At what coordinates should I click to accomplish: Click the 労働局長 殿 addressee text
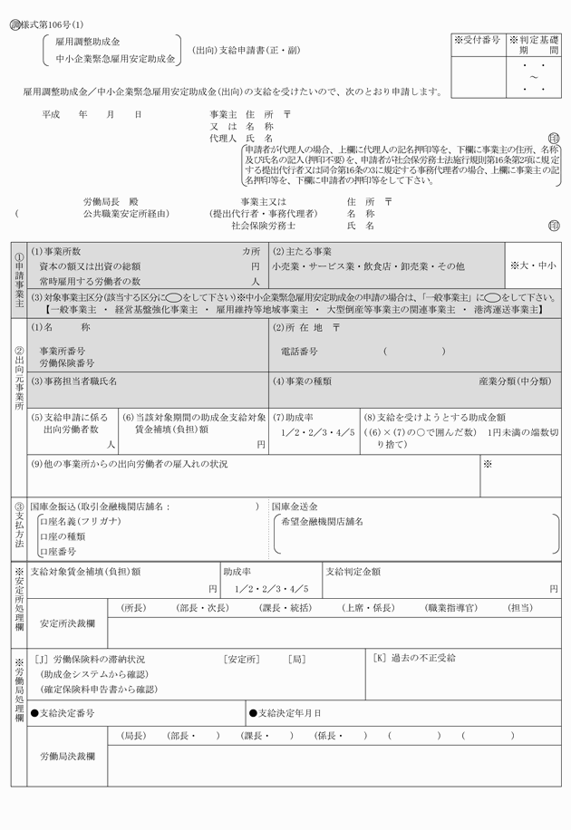(x=112, y=201)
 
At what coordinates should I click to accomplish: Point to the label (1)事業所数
(x=56, y=251)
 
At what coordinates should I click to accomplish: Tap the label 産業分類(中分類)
(x=514, y=381)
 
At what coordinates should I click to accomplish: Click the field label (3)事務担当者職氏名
(x=74, y=381)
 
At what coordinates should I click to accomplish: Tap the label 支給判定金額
(x=353, y=572)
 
